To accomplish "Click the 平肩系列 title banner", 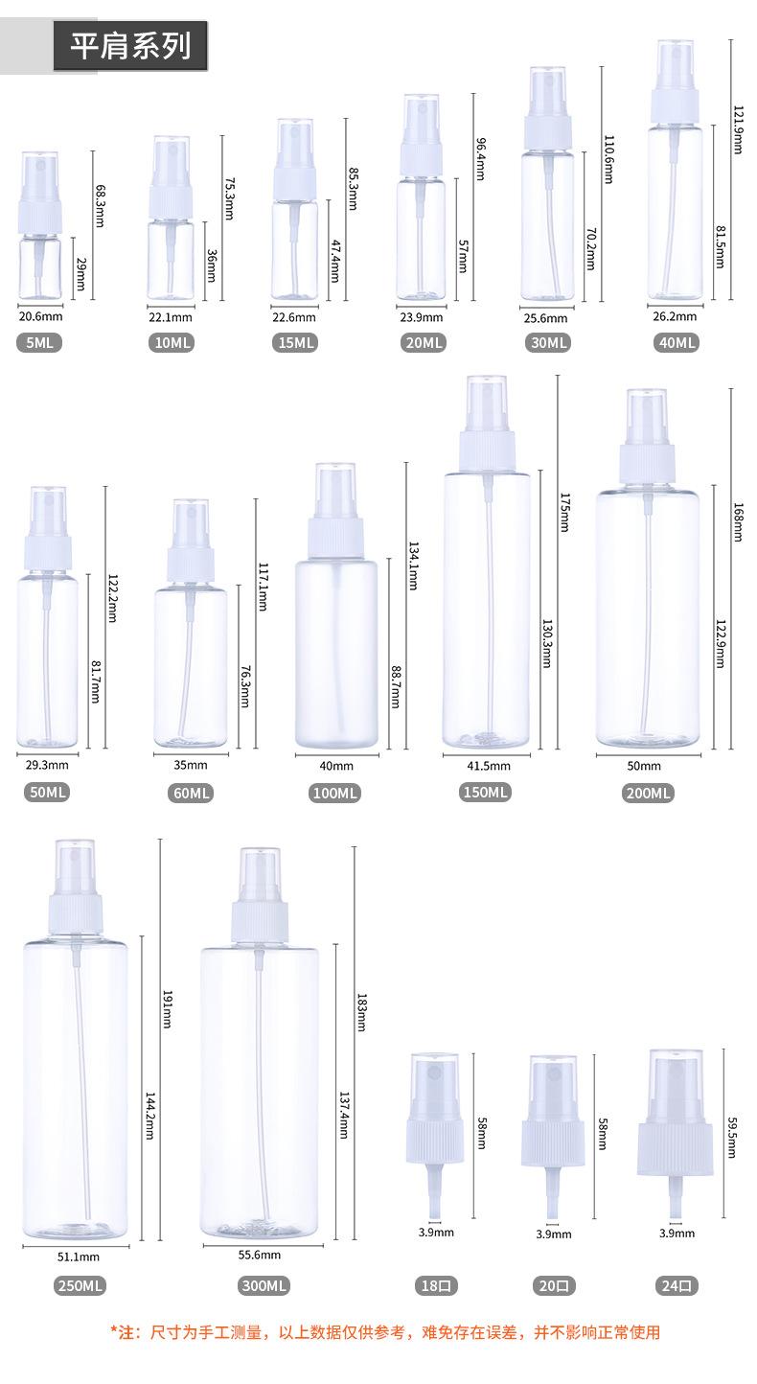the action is click(130, 46).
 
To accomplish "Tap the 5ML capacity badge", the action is click(39, 342).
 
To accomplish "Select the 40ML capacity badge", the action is click(677, 342).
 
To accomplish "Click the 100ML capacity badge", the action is click(334, 793).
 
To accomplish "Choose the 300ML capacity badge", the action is click(264, 1286).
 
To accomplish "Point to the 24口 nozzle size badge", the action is click(677, 1286).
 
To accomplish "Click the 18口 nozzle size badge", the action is click(436, 1286).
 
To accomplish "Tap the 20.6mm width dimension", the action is click(41, 316).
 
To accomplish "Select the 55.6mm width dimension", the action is click(260, 1255).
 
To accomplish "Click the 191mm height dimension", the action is click(168, 1009).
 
